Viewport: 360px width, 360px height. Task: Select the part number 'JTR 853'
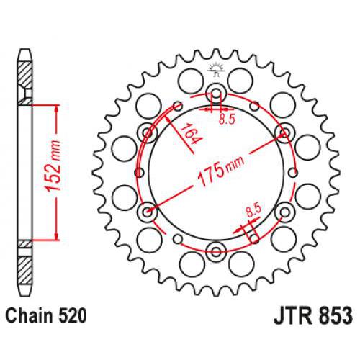coord(311,315)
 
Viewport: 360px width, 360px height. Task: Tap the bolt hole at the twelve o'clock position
coord(215,91)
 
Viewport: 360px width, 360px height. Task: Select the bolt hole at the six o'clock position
coord(215,251)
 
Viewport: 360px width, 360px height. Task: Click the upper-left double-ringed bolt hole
coord(149,131)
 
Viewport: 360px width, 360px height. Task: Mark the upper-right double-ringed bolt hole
coord(284,131)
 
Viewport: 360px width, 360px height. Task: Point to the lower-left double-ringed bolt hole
coord(149,212)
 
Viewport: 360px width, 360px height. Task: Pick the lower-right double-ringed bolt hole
coord(284,212)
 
